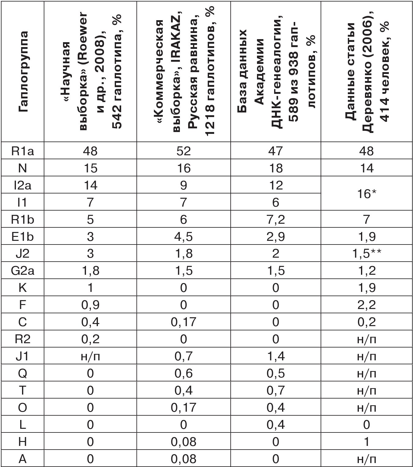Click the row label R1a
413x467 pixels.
click(x=22, y=151)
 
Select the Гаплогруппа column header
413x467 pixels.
click(x=22, y=72)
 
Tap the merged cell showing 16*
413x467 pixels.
click(x=366, y=194)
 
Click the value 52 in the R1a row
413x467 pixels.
click(x=183, y=151)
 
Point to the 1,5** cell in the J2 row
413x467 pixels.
click(x=366, y=253)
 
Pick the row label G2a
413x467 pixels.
click(x=22, y=271)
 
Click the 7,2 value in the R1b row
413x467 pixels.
click(x=275, y=219)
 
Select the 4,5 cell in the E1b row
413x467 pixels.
click(x=183, y=237)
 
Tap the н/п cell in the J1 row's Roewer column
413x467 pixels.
click(x=90, y=356)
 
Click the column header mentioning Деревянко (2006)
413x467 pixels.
click(x=366, y=72)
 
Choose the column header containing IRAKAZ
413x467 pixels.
click(x=183, y=72)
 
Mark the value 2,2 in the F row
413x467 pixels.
click(x=366, y=305)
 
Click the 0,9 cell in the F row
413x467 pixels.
click(x=90, y=305)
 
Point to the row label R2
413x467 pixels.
click(x=22, y=339)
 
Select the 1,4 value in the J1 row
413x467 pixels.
click(x=275, y=356)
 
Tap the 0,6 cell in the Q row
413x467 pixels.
click(x=183, y=373)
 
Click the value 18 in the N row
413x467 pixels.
click(x=275, y=168)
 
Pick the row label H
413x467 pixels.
click(x=22, y=442)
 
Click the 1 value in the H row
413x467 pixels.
click(x=366, y=442)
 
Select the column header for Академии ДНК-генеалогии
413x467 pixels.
click(x=275, y=72)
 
